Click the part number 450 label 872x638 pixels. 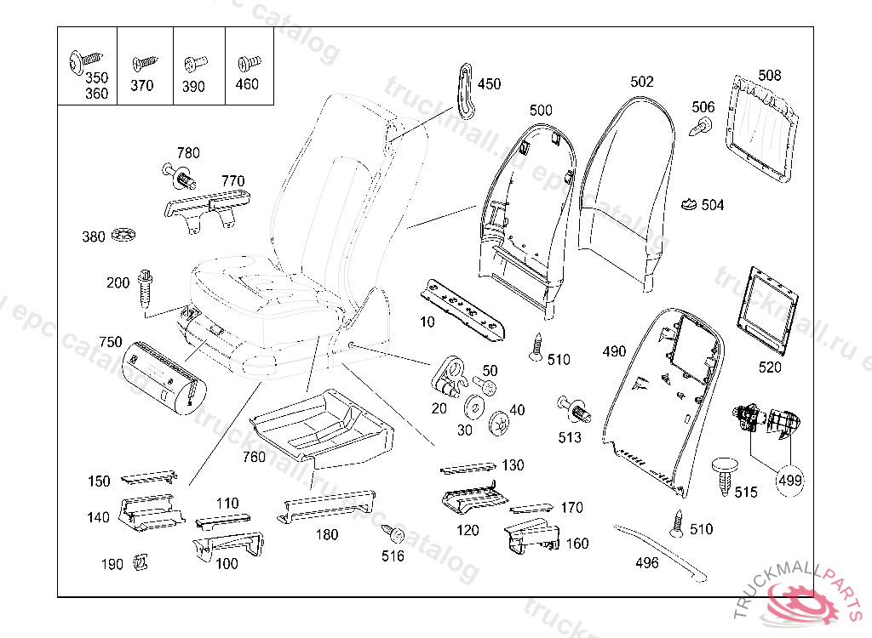pos(489,84)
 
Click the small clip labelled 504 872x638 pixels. pos(689,204)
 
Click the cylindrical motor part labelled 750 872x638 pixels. pos(161,374)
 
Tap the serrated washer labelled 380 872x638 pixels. pos(123,235)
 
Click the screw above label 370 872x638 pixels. pos(143,64)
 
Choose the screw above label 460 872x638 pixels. pos(248,63)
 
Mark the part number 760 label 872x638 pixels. pos(254,457)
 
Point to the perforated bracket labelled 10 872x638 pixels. pos(462,308)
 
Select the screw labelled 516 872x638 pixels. pos(393,534)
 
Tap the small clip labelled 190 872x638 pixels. pos(141,562)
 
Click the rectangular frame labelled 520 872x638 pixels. pos(769,310)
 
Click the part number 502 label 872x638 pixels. pos(642,82)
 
